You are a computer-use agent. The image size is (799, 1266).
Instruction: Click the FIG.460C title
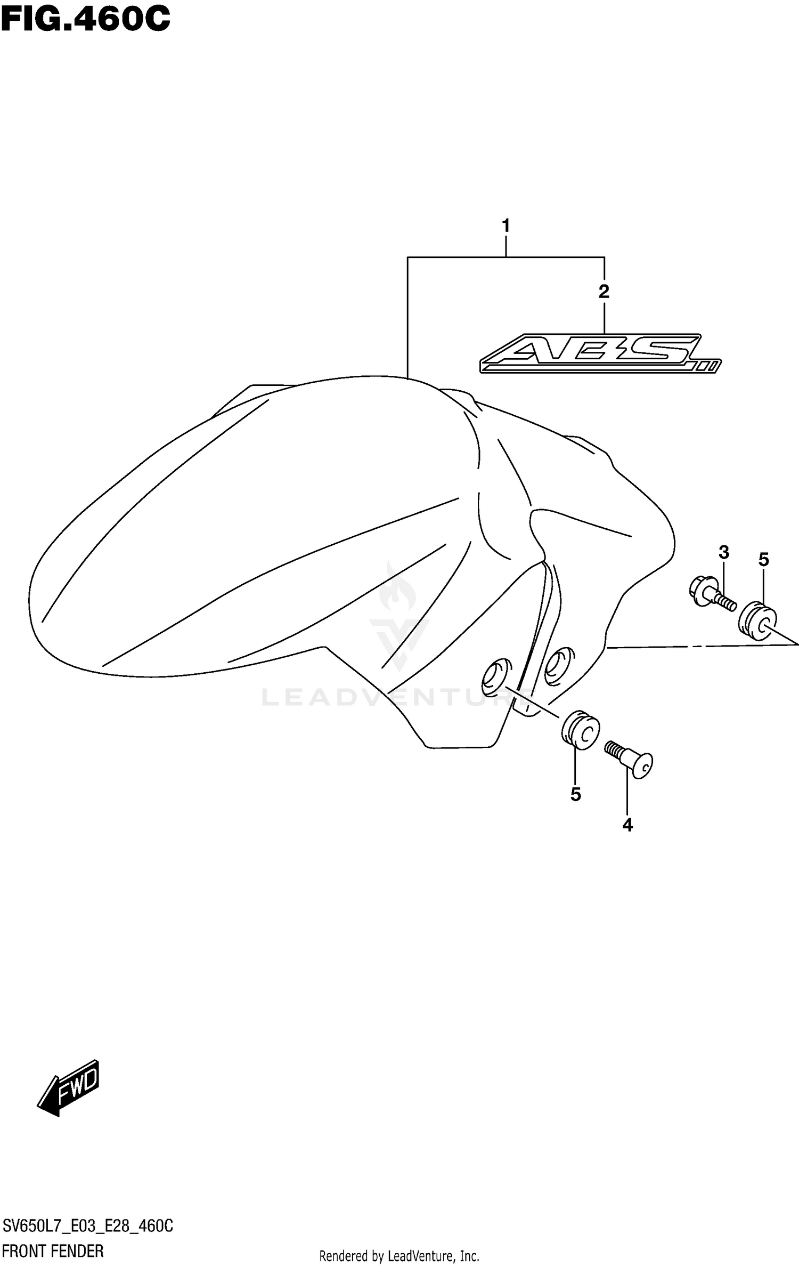point(85,20)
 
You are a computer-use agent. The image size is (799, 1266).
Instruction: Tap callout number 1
point(506,225)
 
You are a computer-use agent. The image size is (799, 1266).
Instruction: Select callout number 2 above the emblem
point(604,292)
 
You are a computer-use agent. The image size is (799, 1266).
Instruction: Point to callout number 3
point(723,552)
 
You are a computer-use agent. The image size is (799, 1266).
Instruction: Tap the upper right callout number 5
point(763,560)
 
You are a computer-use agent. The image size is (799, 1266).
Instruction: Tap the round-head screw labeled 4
point(630,759)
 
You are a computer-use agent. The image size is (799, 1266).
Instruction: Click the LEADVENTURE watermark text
point(394,697)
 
